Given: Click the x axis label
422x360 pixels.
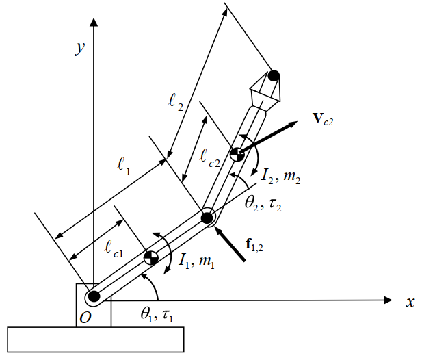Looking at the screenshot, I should (410, 302).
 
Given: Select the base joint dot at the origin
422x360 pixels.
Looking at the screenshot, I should (94, 297).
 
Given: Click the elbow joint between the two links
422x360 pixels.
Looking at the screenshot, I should (207, 218).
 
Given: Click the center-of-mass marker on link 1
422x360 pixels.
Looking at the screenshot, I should (150, 258).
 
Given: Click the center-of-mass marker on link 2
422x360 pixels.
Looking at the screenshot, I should (237, 154).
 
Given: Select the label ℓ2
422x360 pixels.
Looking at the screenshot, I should (176, 103).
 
